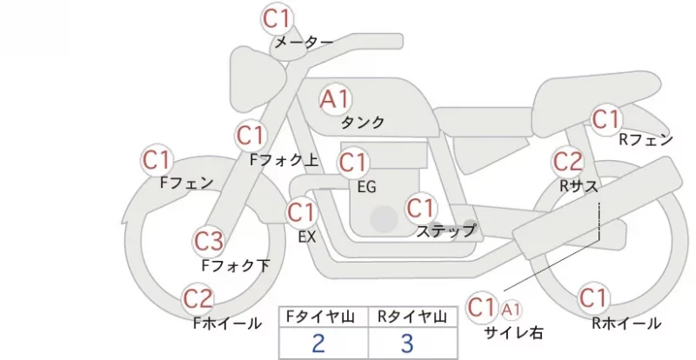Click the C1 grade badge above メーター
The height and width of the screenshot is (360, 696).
click(x=277, y=19)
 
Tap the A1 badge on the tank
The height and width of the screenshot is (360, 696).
click(x=335, y=99)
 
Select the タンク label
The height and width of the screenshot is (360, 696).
click(x=362, y=123)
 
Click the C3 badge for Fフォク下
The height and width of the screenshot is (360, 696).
click(x=209, y=242)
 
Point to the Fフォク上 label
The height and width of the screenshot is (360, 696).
click(x=284, y=160)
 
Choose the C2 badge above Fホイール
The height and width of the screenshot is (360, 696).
click(x=198, y=299)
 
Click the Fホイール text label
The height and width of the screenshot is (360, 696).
click(x=227, y=323)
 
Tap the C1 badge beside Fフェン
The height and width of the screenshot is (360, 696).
click(x=157, y=160)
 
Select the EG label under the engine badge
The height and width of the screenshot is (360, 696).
click(x=366, y=187)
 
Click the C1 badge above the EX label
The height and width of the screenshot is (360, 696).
click(x=301, y=213)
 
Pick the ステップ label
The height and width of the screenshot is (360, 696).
click(x=445, y=230)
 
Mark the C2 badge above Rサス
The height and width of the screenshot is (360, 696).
click(x=567, y=162)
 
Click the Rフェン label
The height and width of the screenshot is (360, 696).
click(x=646, y=140)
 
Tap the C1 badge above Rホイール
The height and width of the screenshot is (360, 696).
click(x=592, y=298)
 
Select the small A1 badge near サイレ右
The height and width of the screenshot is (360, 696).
click(x=511, y=310)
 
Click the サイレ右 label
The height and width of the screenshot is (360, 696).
click(x=513, y=332)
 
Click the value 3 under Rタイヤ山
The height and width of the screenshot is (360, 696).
click(x=407, y=343)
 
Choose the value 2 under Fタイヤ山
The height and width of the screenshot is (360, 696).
click(x=318, y=343)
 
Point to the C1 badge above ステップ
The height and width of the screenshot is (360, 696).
click(x=420, y=208)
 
